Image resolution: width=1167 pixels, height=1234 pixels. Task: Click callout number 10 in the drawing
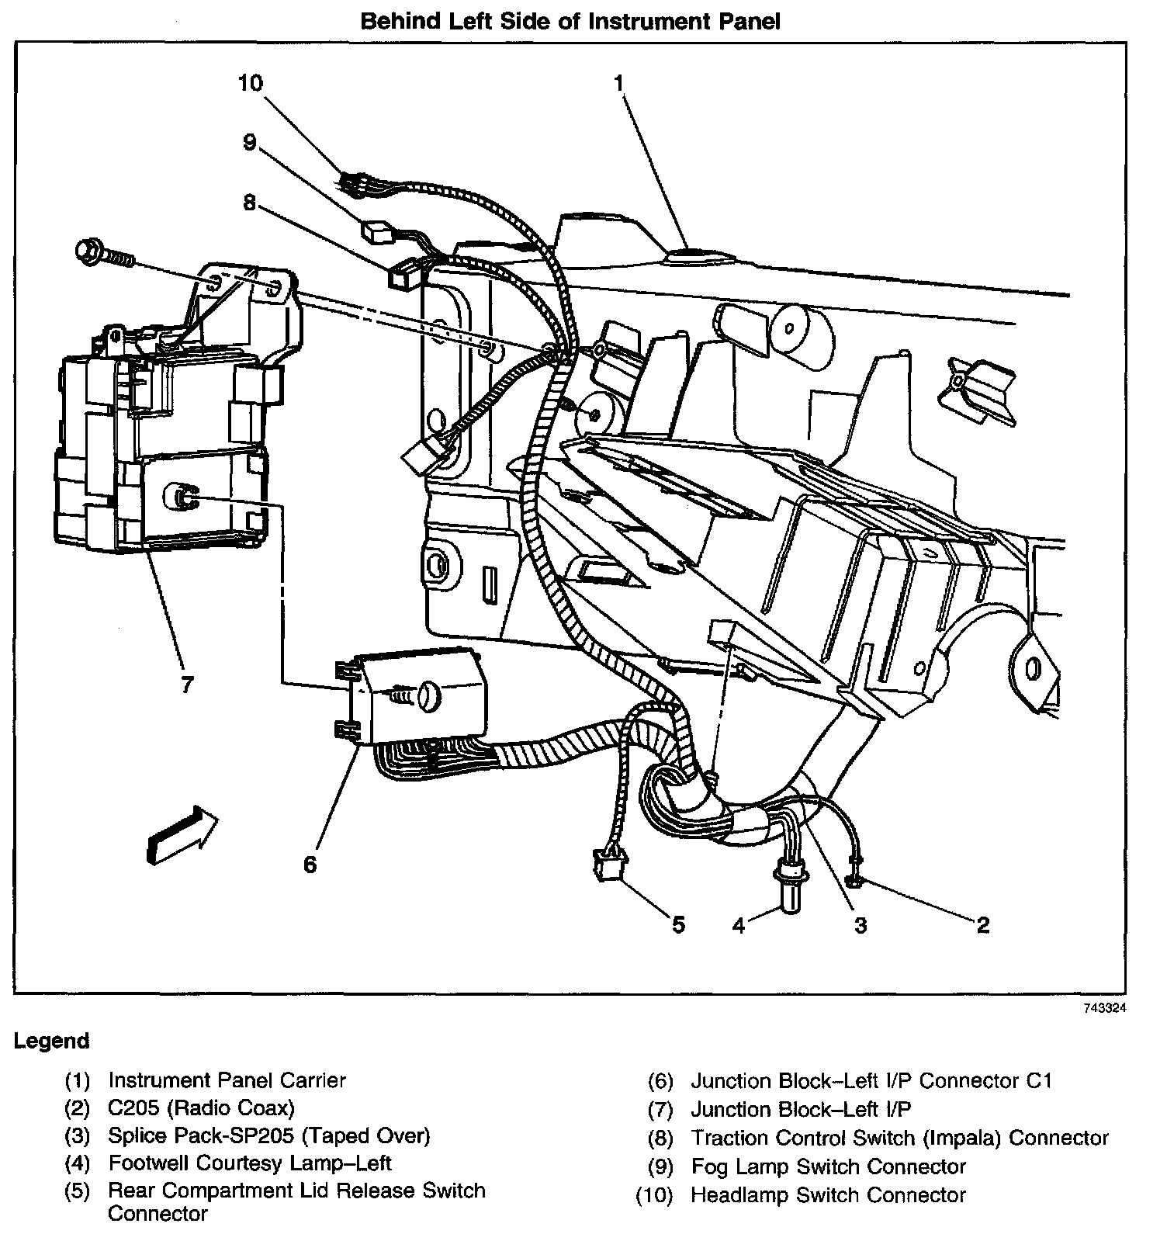[251, 82]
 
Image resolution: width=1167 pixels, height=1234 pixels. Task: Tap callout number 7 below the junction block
[185, 685]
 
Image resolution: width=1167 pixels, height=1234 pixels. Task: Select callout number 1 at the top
[618, 82]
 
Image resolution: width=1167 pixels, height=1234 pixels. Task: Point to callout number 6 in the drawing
[310, 864]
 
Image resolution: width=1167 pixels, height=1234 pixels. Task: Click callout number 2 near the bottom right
[982, 924]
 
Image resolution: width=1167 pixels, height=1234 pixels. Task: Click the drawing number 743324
[1104, 1009]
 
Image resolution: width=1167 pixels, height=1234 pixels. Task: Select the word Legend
[52, 1041]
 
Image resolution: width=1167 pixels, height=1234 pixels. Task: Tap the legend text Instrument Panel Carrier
[227, 1080]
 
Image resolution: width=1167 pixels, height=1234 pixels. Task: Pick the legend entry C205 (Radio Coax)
[201, 1107]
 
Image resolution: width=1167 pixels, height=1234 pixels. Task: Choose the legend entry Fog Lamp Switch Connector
[828, 1166]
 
